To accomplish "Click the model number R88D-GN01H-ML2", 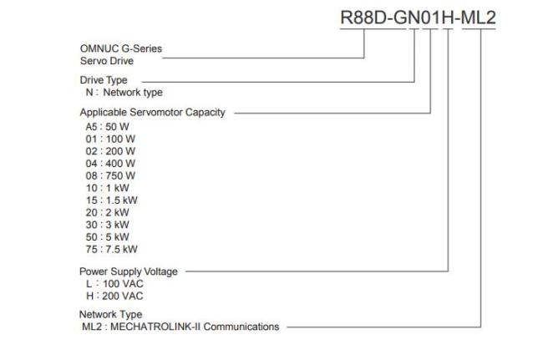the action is point(419,18).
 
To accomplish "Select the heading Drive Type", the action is point(104,80).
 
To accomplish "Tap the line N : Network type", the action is point(124,93).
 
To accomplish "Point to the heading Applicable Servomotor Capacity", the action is point(152,113).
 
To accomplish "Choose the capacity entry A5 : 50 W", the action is point(108,127).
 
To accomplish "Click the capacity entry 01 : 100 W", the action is point(110,139).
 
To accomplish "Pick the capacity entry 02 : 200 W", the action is point(110,151).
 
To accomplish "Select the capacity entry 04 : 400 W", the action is point(110,164).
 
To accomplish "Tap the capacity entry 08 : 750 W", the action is point(110,176).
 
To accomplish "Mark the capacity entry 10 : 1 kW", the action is point(108,188).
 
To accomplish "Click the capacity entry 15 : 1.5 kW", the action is point(111,200).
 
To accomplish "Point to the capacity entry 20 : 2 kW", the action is point(108,212).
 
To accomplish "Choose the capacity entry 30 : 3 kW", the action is point(108,225).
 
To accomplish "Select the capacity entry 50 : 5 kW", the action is point(108,237).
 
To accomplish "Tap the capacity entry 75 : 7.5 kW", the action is point(111,249).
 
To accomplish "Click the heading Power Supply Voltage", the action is point(129,271).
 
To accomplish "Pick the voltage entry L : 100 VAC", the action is point(114,284).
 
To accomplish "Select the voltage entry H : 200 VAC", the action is point(114,296).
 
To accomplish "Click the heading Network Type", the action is point(111,315).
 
